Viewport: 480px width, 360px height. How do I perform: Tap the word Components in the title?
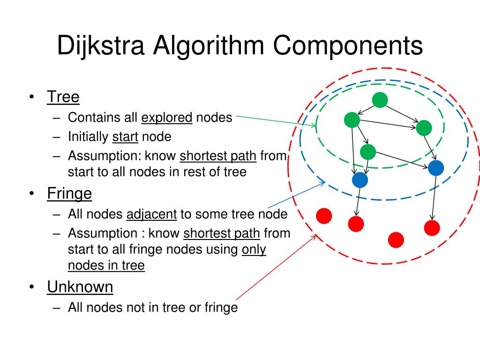click(348, 45)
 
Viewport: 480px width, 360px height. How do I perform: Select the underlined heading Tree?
click(63, 97)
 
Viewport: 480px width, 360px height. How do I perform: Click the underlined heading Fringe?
click(69, 193)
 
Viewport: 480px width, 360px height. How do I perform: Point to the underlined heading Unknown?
click(80, 286)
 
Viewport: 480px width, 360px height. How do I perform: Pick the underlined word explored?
click(167, 117)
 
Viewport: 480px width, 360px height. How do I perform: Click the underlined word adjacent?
click(151, 214)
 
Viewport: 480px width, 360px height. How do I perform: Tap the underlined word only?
click(254, 249)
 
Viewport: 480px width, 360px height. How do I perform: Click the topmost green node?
click(380, 100)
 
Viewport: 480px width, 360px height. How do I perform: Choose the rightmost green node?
click(424, 128)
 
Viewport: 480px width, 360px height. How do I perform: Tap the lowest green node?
click(368, 151)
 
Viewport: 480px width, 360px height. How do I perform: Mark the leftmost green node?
click(352, 120)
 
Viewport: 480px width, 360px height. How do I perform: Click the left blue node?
click(360, 180)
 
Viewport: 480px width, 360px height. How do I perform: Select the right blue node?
click(435, 168)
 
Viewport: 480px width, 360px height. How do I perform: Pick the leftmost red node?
click(324, 216)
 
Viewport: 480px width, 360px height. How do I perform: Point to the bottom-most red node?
click(396, 240)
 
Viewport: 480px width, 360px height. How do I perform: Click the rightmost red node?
click(432, 228)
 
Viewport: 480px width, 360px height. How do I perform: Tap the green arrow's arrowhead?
click(315, 125)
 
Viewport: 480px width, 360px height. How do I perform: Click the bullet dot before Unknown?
click(30, 287)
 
